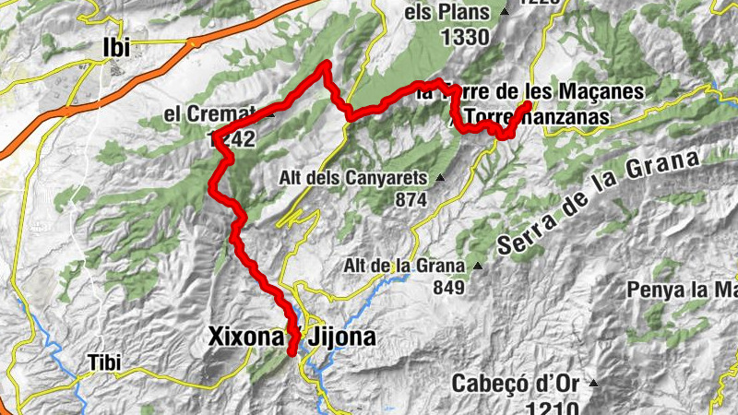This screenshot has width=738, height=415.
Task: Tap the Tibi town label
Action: [105, 361]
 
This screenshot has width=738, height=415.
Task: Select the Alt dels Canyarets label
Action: [356, 177]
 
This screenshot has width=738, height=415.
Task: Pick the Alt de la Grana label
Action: [402, 266]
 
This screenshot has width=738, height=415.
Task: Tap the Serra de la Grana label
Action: [599, 206]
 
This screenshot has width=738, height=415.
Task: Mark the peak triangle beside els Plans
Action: [504, 13]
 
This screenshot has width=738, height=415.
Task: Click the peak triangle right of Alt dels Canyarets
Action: [441, 178]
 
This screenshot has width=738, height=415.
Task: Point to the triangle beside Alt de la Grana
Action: [477, 267]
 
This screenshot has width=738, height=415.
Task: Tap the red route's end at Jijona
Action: [292, 352]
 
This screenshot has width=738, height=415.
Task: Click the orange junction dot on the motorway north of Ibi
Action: [194, 42]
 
